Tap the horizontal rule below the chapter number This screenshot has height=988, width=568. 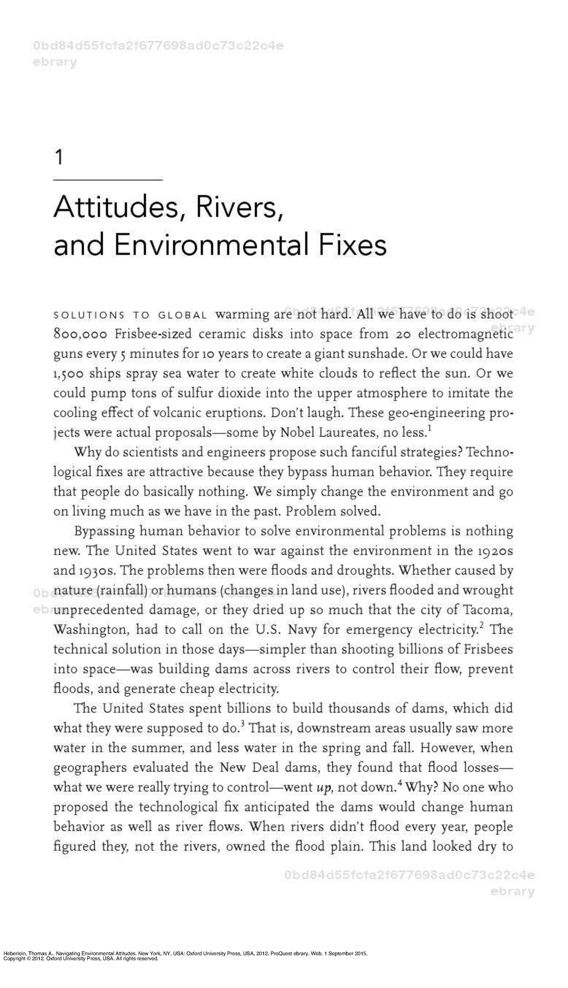click(108, 180)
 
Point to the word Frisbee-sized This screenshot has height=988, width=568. click(153, 334)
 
